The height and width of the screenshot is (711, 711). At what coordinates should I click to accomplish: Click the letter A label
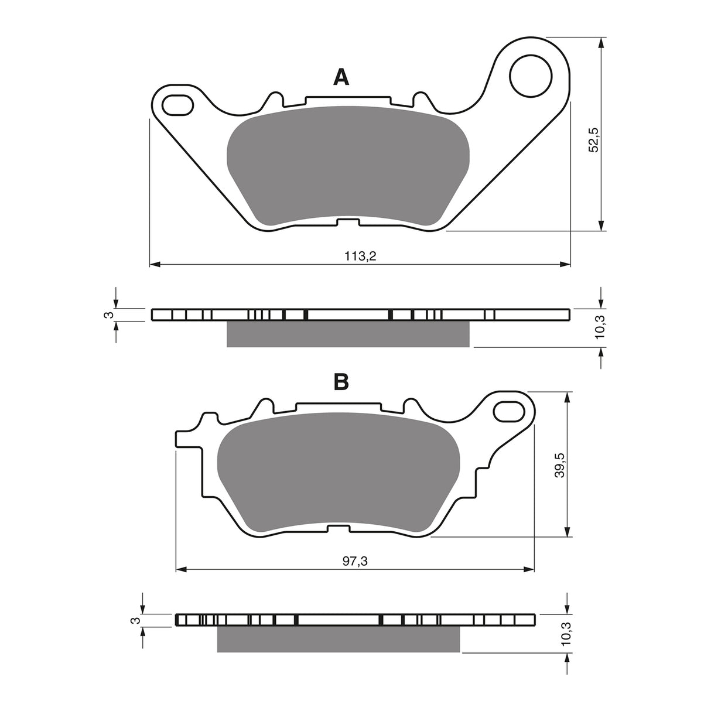(341, 77)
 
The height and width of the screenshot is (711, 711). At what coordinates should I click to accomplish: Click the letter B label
(341, 382)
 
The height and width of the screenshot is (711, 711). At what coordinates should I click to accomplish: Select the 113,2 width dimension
(360, 256)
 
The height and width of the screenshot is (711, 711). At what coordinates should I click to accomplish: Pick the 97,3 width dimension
(355, 561)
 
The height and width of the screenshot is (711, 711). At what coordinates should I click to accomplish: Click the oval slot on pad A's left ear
(177, 105)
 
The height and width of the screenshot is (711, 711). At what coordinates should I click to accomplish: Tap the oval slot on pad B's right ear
(510, 411)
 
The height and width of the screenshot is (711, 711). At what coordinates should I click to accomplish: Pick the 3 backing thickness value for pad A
(108, 316)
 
